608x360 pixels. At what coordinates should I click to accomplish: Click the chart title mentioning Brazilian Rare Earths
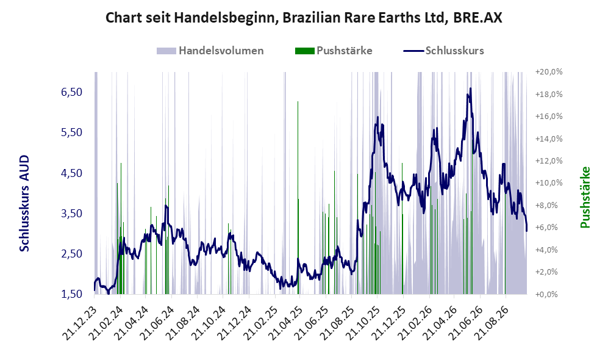[304, 18]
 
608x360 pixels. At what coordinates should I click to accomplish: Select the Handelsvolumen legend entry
[210, 51]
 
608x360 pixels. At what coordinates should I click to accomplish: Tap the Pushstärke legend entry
[334, 51]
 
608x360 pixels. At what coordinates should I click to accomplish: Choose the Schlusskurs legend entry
[443, 51]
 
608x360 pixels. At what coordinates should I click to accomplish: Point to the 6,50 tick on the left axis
[72, 92]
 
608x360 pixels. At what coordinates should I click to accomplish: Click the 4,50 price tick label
[72, 173]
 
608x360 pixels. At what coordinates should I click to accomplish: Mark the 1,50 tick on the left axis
[72, 294]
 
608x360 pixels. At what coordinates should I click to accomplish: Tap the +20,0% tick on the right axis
[549, 72]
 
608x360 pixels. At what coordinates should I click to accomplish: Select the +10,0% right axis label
[549, 182]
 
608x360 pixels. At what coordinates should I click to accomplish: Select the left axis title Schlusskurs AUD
[24, 203]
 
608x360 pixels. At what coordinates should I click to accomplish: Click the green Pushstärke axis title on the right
[585, 198]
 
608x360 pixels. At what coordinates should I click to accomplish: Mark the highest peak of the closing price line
[470, 88]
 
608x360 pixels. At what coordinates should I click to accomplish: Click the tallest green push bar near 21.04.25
[298, 198]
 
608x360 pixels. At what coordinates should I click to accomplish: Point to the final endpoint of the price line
[526, 231]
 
